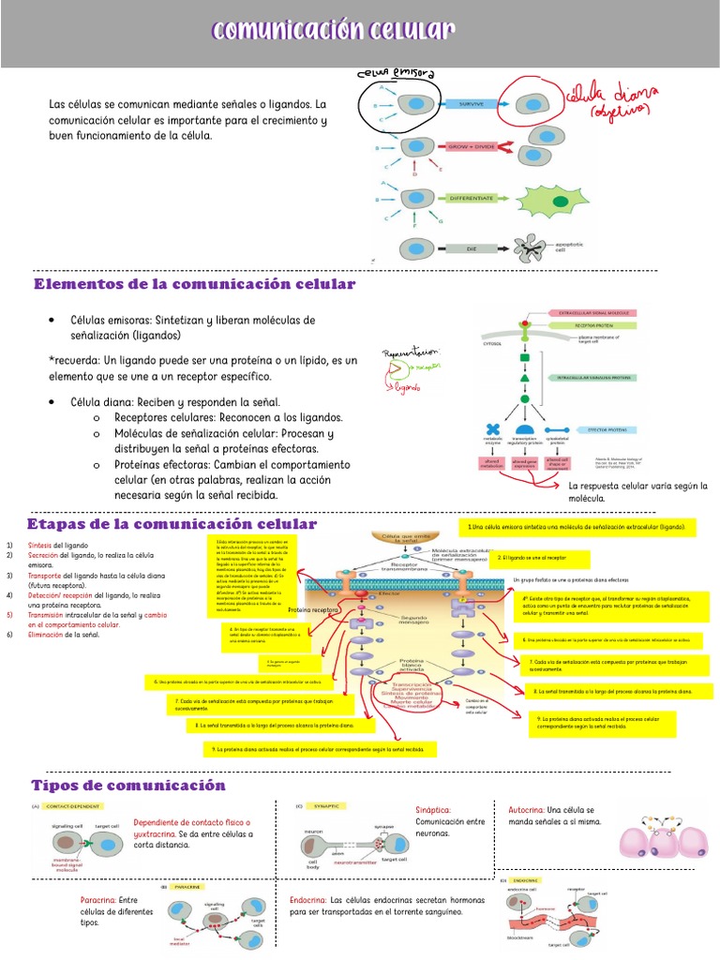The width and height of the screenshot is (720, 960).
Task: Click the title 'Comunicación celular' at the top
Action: pyautogui.click(x=334, y=32)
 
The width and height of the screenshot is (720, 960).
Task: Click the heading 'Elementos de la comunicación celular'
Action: pyautogui.click(x=194, y=284)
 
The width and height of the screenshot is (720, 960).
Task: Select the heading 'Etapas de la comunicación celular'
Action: pyautogui.click(x=172, y=524)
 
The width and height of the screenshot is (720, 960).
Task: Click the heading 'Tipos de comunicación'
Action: pyautogui.click(x=128, y=785)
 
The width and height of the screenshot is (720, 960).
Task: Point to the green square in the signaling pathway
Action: pyautogui.click(x=525, y=358)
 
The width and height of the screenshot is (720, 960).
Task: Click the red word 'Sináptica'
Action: pyautogui.click(x=433, y=809)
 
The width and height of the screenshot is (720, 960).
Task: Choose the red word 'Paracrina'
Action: pyautogui.click(x=97, y=900)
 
